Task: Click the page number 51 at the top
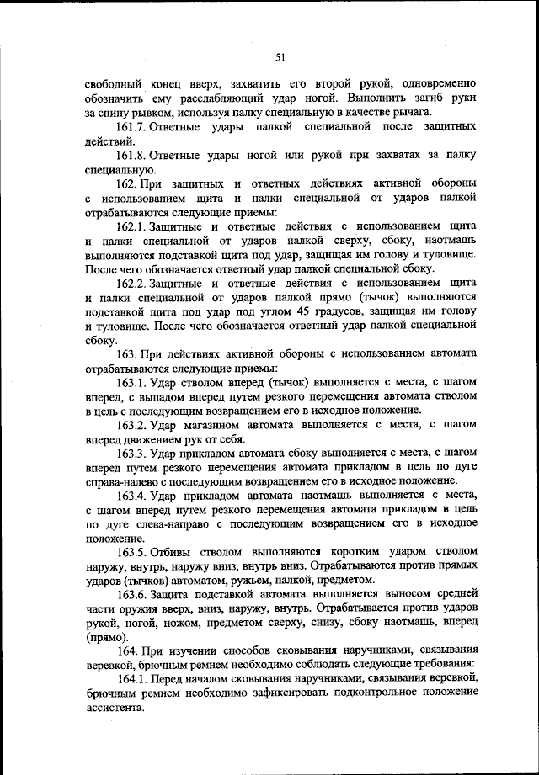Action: [x=280, y=57]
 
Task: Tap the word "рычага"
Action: [x=412, y=112]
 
